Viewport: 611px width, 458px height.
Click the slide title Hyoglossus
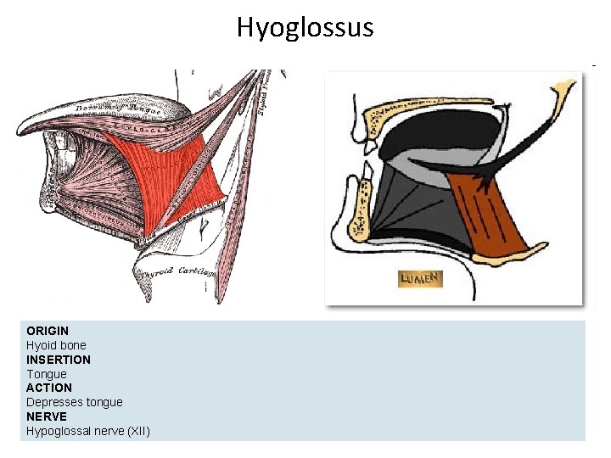pos(305,28)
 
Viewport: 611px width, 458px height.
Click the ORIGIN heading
pos(48,331)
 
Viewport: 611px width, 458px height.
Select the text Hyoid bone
pos(56,345)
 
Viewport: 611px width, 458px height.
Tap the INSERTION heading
pos(59,360)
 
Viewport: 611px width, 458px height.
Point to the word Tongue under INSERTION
pos(46,374)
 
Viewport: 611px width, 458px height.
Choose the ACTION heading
pos(49,388)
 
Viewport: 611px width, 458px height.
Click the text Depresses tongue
pos(74,402)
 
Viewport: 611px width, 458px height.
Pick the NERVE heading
pos(46,416)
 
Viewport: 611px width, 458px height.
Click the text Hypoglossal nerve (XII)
pos(87,431)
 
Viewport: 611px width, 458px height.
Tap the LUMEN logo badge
pos(420,279)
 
